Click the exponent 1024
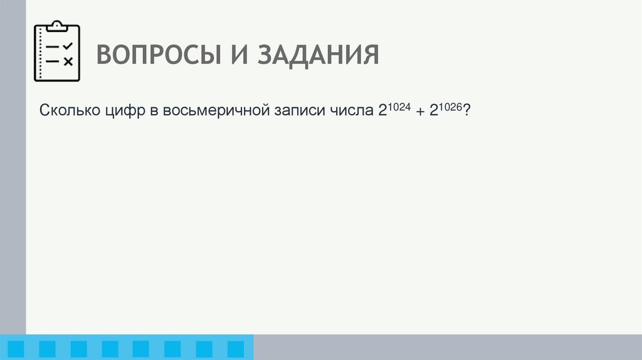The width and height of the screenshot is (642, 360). (397, 107)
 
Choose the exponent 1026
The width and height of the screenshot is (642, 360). (450, 107)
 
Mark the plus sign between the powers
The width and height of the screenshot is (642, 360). (419, 112)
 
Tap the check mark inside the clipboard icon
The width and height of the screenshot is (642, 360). (68, 46)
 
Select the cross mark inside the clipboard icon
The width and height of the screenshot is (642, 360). (68, 61)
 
